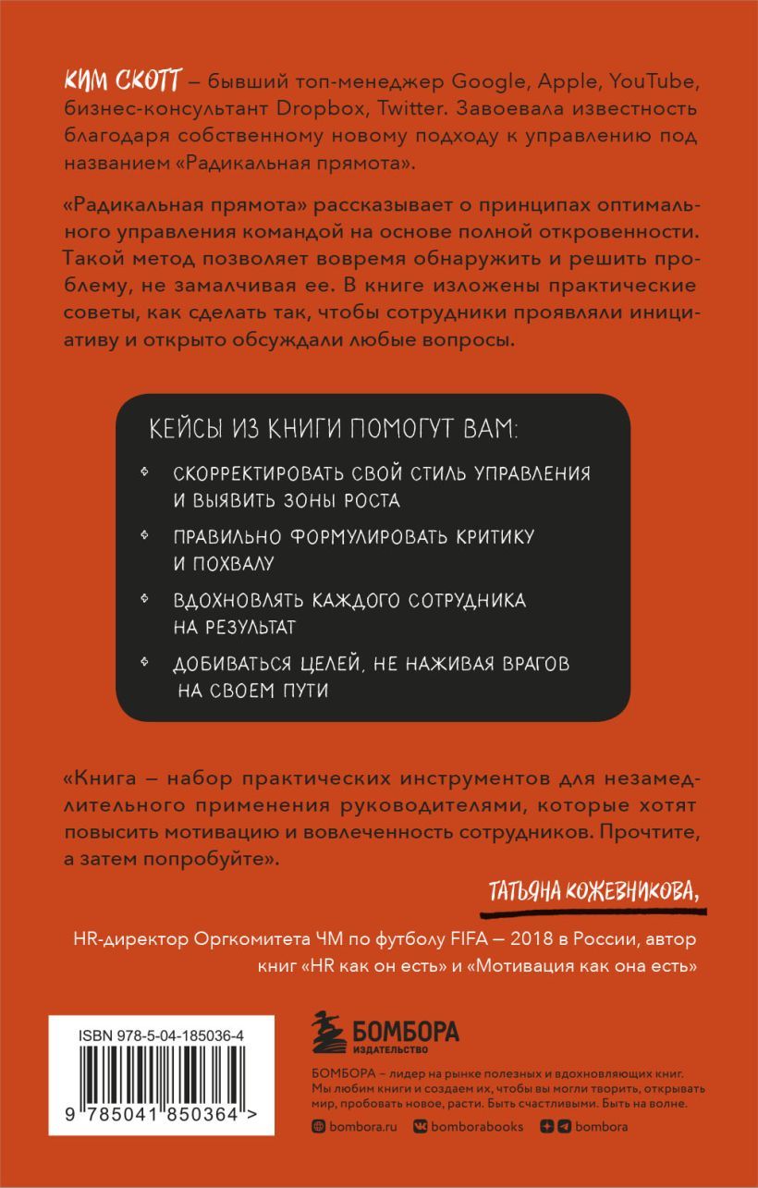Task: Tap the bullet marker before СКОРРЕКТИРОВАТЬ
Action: click(x=145, y=472)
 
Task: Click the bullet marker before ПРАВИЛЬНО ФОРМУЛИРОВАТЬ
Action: click(x=145, y=536)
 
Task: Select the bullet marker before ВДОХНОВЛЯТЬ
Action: click(x=145, y=600)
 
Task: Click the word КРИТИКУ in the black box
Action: click(x=487, y=537)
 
